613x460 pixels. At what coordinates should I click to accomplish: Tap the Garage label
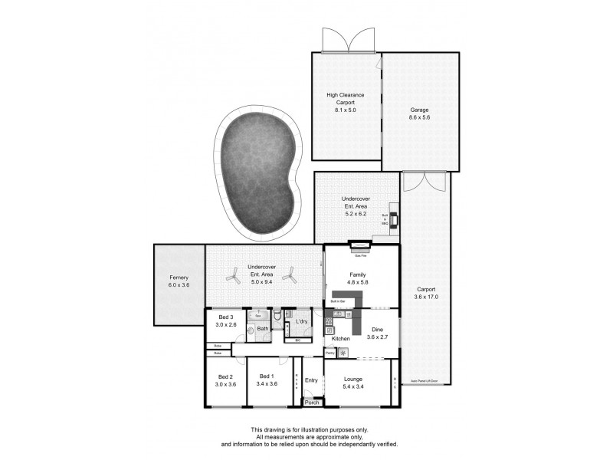coord(420,110)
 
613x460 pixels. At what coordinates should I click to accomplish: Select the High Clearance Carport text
coord(346,99)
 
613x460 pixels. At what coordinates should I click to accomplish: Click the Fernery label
coord(179,278)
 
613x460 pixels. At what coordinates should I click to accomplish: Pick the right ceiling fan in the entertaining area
coord(290,276)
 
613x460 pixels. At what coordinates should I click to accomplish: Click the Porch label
coord(312,402)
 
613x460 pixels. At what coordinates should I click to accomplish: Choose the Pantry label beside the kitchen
coord(329,353)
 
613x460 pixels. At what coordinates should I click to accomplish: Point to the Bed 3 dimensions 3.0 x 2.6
coord(225,324)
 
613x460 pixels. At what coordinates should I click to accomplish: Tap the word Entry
coord(311,380)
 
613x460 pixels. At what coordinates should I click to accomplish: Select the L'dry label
coord(302,321)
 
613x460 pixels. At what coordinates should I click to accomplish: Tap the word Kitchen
coord(341,338)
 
